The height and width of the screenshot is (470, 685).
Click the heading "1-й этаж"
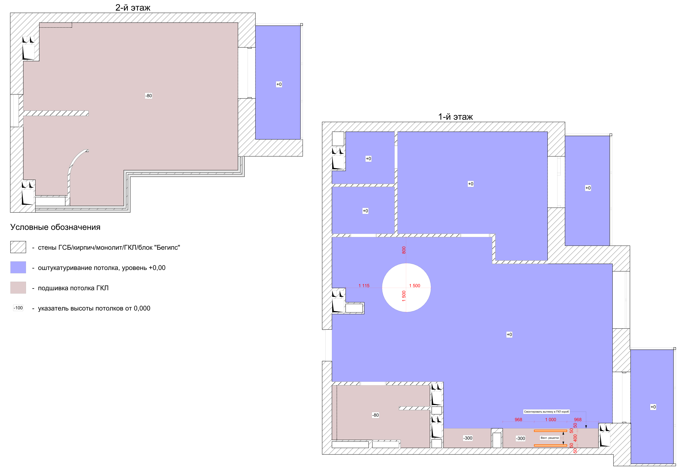pyautogui.click(x=455, y=117)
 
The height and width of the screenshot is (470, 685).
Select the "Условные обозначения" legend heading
pyautogui.click(x=55, y=227)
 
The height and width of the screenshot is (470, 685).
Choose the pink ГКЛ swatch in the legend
pyautogui.click(x=18, y=288)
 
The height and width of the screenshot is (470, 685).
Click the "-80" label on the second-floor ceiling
pyautogui.click(x=149, y=96)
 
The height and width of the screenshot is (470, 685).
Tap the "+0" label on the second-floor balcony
pyautogui.click(x=279, y=84)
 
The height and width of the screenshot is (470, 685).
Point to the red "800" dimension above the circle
pyautogui.click(x=404, y=250)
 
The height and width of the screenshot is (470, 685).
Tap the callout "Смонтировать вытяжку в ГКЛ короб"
pyautogui.click(x=546, y=412)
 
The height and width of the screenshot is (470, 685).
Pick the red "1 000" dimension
pyautogui.click(x=551, y=420)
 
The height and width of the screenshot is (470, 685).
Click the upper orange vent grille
pyautogui.click(x=551, y=431)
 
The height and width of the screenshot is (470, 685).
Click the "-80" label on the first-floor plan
pyautogui.click(x=375, y=415)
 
